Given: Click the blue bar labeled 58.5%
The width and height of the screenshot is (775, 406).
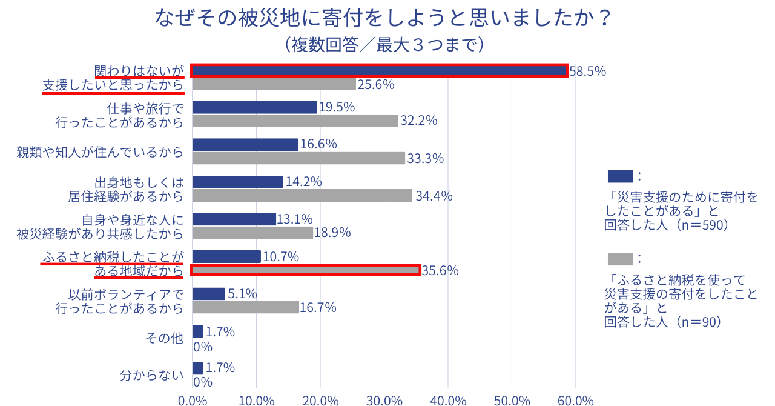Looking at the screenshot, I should pyautogui.click(x=380, y=71).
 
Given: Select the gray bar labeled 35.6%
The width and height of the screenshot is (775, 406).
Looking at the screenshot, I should pyautogui.click(x=306, y=270).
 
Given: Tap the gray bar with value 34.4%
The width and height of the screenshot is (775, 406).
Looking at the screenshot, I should pyautogui.click(x=302, y=196).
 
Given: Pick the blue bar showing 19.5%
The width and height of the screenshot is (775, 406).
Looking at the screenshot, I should pyautogui.click(x=254, y=107).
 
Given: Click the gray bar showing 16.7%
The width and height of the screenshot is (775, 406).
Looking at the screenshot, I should pyautogui.click(x=245, y=307).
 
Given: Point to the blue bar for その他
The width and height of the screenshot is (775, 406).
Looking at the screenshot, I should pyautogui.click(x=197, y=331).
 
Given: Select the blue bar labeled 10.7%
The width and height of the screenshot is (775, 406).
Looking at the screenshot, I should pyautogui.click(x=226, y=256).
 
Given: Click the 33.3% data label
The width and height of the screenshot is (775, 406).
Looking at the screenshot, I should pyautogui.click(x=425, y=159).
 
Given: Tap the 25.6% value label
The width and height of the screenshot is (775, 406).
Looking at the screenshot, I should pyautogui.click(x=375, y=85).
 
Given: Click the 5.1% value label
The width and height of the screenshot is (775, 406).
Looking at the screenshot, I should pyautogui.click(x=242, y=294).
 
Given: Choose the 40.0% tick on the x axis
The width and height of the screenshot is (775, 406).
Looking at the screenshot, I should pyautogui.click(x=448, y=401).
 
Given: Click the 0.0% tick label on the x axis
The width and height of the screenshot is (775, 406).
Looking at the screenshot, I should pyautogui.click(x=193, y=401).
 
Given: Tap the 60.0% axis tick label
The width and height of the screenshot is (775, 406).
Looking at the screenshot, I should pyautogui.click(x=575, y=401).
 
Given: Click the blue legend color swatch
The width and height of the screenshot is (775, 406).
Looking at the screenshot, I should pyautogui.click(x=619, y=176).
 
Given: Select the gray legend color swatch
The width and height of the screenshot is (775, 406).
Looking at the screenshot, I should pyautogui.click(x=619, y=259).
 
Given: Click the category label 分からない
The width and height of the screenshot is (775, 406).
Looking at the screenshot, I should pyautogui.click(x=151, y=375).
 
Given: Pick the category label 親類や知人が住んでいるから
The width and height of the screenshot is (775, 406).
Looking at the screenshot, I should pyautogui.click(x=100, y=151).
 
